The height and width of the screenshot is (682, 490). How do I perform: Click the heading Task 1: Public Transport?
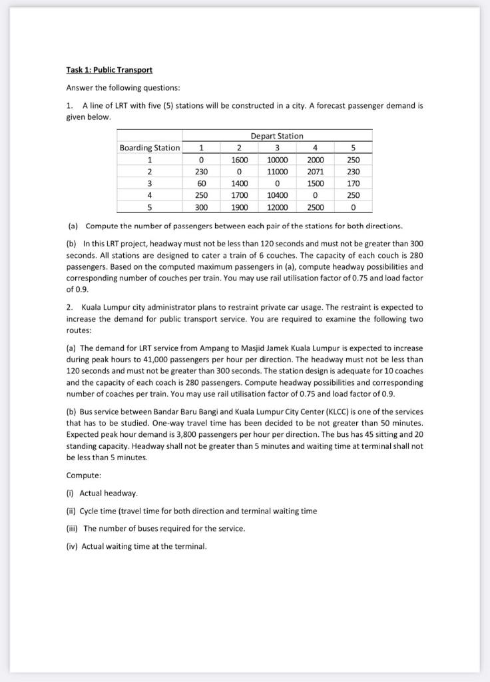pyautogui.click(x=109, y=70)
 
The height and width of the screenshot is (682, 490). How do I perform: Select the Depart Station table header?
pyautogui.click(x=276, y=136)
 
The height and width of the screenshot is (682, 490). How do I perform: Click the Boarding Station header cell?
pyautogui.click(x=149, y=148)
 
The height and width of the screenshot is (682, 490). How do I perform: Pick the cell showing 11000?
pyautogui.click(x=276, y=171)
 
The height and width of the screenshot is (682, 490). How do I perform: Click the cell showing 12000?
pyautogui.click(x=276, y=207)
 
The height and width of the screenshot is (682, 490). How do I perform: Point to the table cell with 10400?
pyautogui.click(x=276, y=195)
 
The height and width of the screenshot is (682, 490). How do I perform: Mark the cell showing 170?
pyautogui.click(x=354, y=183)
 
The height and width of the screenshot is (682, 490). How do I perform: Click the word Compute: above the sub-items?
pyautogui.click(x=84, y=475)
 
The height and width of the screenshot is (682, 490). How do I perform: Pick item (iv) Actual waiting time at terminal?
pyautogui.click(x=136, y=546)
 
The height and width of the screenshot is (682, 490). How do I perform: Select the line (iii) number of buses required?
pyautogui.click(x=156, y=528)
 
